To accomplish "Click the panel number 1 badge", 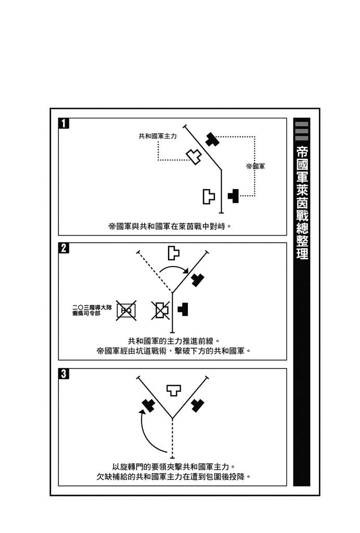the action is [x=64, y=123].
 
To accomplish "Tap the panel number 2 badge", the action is [x=64, y=248].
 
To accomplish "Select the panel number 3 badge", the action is [x=64, y=374].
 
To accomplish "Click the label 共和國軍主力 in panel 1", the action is [x=158, y=136].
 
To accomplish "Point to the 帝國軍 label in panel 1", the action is [x=256, y=166].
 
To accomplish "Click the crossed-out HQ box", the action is [x=126, y=310].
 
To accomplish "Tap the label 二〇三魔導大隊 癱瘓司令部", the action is [x=92, y=310].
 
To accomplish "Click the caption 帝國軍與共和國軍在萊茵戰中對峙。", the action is [x=170, y=226].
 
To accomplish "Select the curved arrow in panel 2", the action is [x=174, y=267].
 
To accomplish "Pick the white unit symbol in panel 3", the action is [x=174, y=390].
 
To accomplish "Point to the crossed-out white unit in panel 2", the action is [x=160, y=310].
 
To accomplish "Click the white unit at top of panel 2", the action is [x=173, y=253].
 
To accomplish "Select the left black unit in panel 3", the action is [x=148, y=405].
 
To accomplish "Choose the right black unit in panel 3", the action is [x=197, y=405].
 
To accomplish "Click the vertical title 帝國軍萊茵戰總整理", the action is [x=302, y=202].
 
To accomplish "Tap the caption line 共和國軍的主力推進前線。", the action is [x=174, y=340].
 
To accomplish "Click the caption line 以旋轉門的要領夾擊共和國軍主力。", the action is [x=174, y=467].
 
